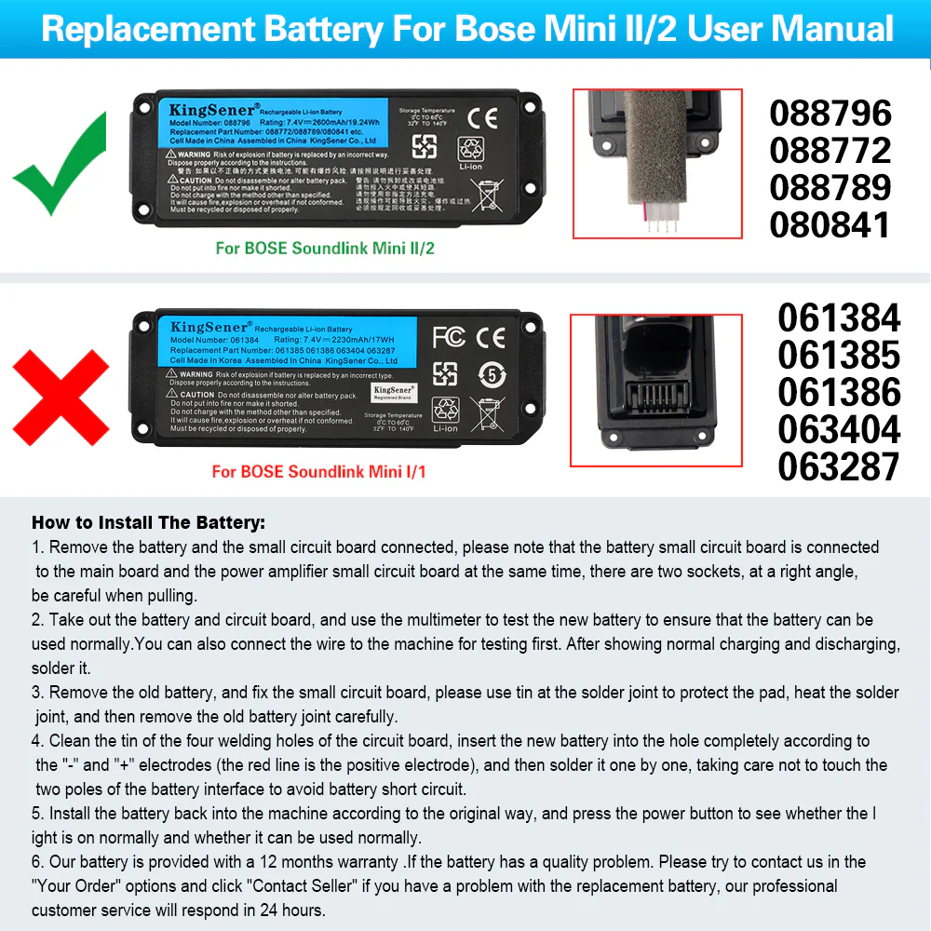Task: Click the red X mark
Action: [x=60, y=398]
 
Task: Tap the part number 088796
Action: [x=830, y=114]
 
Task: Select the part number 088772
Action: [x=830, y=151]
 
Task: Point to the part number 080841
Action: [x=830, y=225]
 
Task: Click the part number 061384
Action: [x=839, y=318]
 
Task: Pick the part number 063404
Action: [x=839, y=430]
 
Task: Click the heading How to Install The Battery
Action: [x=148, y=522]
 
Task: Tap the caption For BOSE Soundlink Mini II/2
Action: [x=325, y=249]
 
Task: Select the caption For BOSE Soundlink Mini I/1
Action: [x=319, y=472]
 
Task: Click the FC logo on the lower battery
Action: [x=449, y=336]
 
